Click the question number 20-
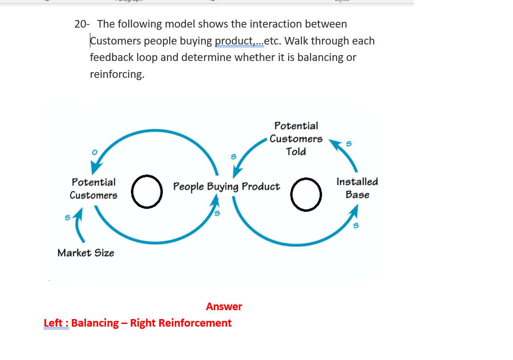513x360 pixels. coord(82,24)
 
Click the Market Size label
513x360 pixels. coord(86,253)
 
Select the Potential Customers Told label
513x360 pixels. coord(296,138)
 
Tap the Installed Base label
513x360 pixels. coord(357,188)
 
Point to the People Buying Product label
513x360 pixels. coord(226,186)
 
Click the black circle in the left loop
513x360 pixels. coord(147,192)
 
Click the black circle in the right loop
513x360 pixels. coord(306,195)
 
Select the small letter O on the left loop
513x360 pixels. coord(94,152)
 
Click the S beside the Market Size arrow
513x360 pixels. coord(68,218)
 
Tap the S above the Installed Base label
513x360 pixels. coord(349,144)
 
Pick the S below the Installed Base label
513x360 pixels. coord(355,226)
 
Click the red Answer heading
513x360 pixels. coord(224,307)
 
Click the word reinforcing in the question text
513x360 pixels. coord(117,74)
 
